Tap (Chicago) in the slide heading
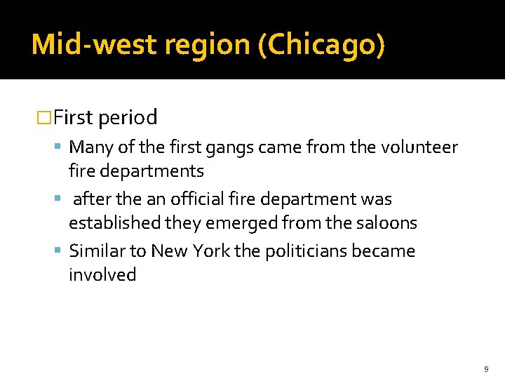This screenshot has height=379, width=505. (x=322, y=44)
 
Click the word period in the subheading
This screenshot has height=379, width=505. (x=128, y=117)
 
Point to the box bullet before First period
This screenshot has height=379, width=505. (x=44, y=118)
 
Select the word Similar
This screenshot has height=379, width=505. (x=96, y=251)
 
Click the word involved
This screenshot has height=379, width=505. (x=102, y=274)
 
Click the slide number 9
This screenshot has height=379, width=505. (x=486, y=368)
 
